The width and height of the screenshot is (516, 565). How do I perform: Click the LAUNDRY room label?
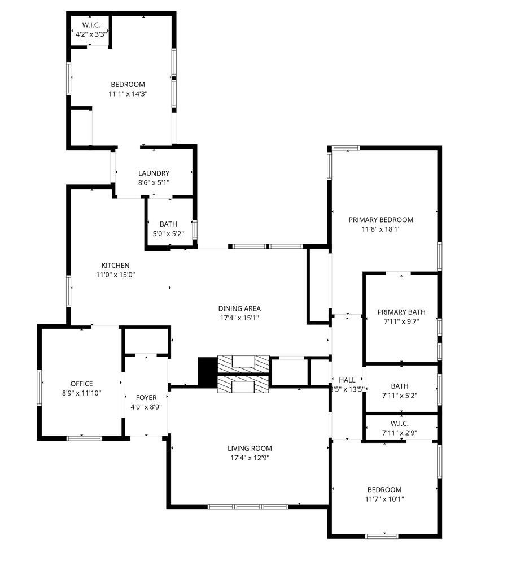[154, 173]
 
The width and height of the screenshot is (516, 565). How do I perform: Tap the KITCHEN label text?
[116, 266]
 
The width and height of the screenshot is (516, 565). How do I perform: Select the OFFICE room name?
[82, 384]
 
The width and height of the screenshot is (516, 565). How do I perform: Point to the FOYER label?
[146, 397]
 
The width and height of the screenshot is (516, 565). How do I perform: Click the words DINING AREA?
[239, 308]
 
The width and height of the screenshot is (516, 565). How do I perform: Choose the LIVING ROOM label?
[250, 449]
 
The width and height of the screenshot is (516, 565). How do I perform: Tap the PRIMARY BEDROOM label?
[381, 220]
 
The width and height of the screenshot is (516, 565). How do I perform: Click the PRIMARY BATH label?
[401, 312]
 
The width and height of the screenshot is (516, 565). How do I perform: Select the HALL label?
[347, 380]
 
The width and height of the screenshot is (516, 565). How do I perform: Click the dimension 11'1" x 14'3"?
[128, 94]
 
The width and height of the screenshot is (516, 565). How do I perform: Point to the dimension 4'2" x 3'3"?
[91, 34]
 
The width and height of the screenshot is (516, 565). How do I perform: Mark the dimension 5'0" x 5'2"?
[169, 233]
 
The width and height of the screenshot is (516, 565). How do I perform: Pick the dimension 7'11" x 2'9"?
[400, 433]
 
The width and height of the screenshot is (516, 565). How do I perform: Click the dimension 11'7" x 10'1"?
[384, 499]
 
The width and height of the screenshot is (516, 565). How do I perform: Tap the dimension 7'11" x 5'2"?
[400, 395]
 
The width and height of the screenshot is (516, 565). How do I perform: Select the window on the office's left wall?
[40, 388]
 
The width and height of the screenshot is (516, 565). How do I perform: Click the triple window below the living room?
[248, 507]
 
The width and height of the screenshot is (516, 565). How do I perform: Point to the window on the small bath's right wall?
[195, 229]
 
